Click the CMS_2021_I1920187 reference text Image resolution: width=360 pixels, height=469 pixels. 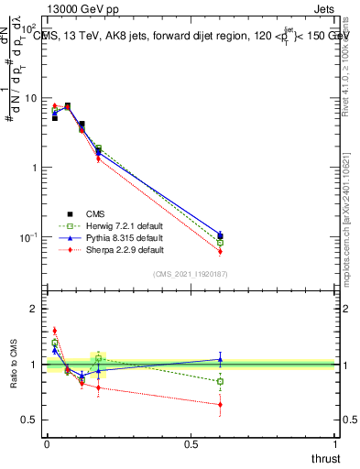(190, 274)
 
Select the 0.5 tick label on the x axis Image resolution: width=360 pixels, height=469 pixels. (191, 445)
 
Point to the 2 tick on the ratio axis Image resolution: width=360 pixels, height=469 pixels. (32, 310)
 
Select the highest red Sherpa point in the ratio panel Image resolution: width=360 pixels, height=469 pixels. (54, 331)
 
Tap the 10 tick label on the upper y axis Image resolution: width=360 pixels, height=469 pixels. (30, 98)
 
